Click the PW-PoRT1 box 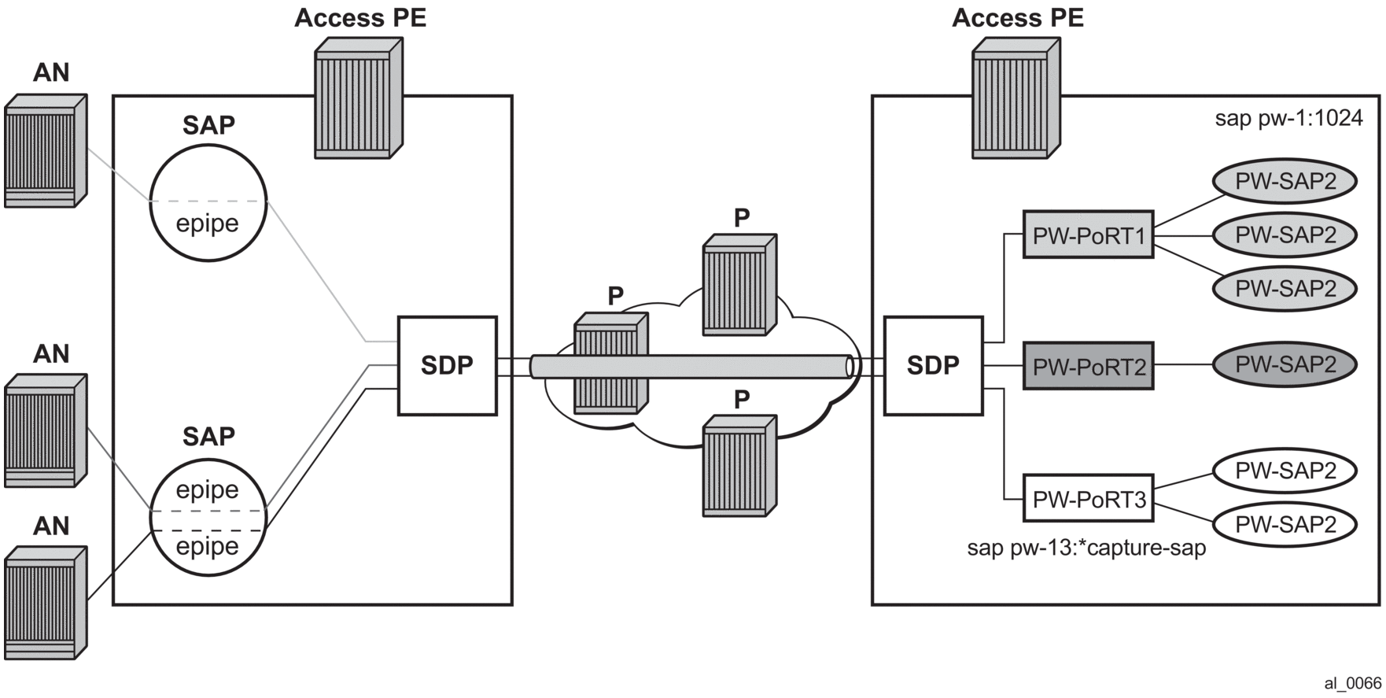point(1088,235)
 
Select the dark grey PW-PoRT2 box point(1088,366)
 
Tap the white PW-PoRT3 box point(1088,498)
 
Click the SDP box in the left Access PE point(447,366)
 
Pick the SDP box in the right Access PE point(933,366)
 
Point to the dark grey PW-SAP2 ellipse point(1285,364)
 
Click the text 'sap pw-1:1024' point(1288,119)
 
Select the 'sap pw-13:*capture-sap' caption point(1086,548)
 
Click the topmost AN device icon point(45,151)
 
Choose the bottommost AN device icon point(45,603)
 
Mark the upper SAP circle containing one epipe point(208,202)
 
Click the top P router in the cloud point(739,285)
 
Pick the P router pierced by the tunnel point(610,364)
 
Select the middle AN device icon point(45,431)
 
